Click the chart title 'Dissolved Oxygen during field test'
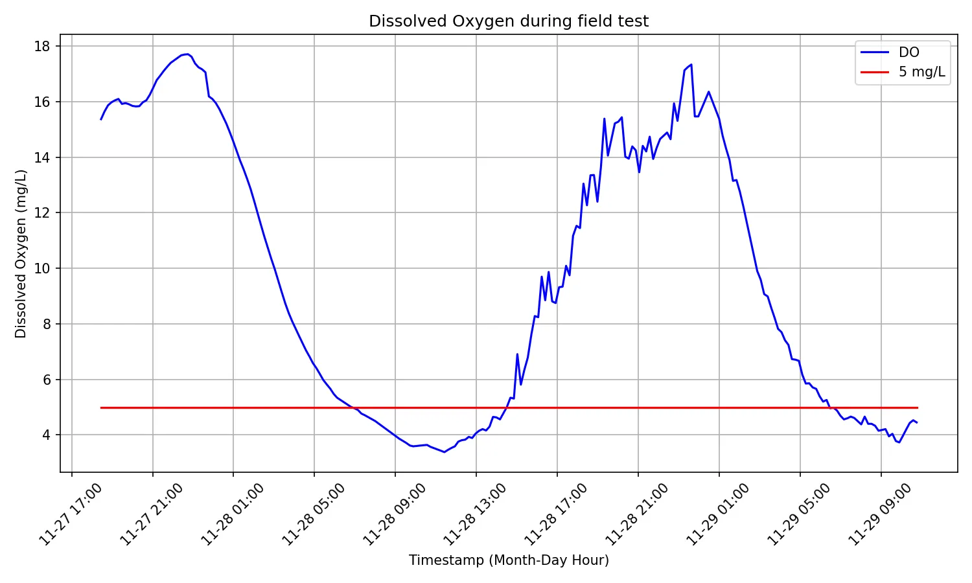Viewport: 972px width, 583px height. [509, 21]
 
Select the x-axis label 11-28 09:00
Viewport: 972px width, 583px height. [394, 515]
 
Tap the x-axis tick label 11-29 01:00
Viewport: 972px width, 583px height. [718, 515]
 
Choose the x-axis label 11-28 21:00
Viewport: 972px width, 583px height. [637, 515]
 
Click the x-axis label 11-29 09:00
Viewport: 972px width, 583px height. [880, 515]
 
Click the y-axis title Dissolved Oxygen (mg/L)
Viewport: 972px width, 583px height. [21, 253]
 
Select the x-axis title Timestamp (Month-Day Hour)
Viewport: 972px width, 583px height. [509, 560]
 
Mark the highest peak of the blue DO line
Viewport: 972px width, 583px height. [187, 54]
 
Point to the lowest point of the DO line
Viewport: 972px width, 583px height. [444, 452]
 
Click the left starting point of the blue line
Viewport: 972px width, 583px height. [101, 119]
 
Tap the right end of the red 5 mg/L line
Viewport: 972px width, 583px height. [918, 407]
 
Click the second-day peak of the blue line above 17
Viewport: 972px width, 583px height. [691, 64]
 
